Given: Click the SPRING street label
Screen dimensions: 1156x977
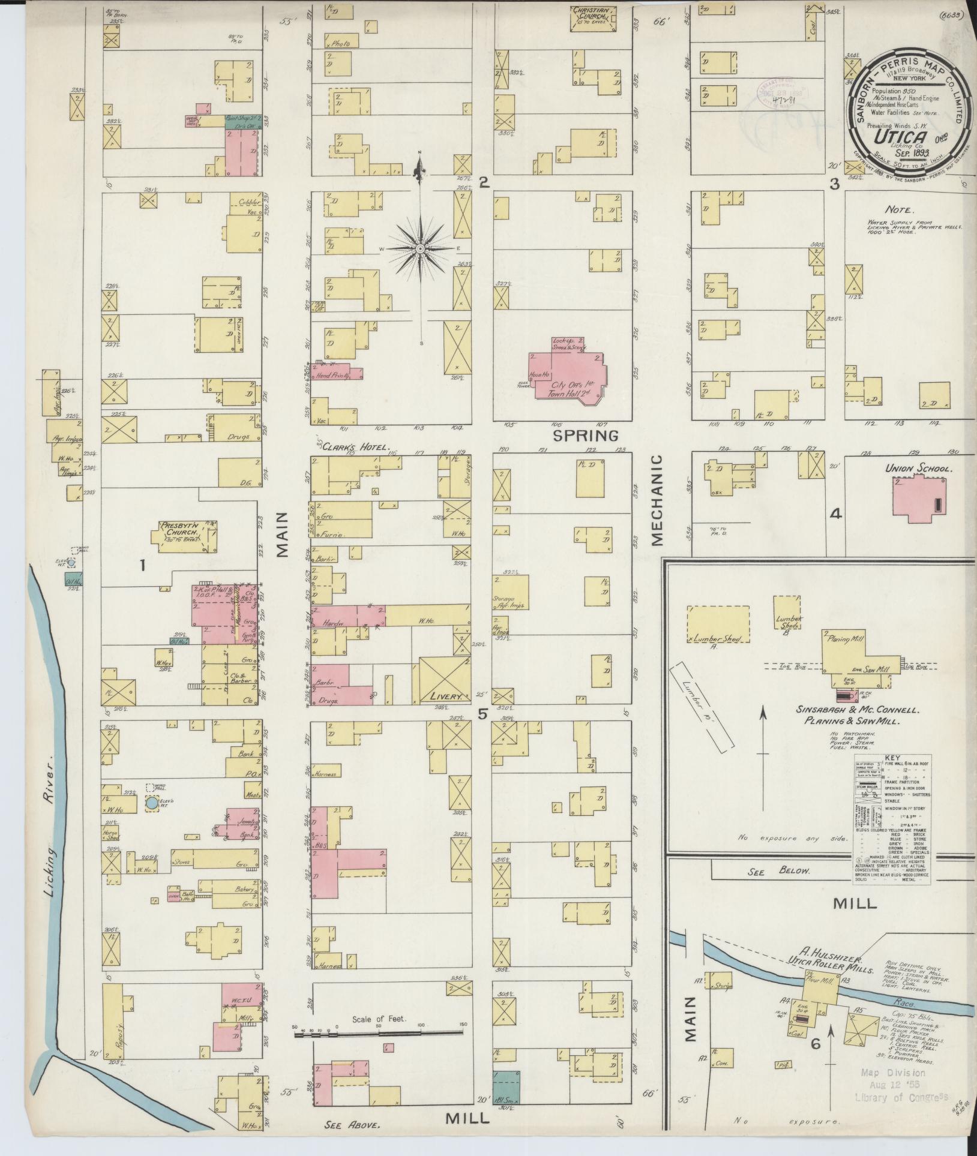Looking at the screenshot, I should click(x=585, y=436).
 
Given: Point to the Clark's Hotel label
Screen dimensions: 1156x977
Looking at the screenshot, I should click(x=356, y=448).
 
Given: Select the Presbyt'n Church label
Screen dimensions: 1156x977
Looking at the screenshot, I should click(x=179, y=529).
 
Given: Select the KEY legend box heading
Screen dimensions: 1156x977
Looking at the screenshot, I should click(x=892, y=758).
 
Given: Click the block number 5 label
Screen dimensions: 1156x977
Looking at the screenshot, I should click(x=482, y=714).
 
